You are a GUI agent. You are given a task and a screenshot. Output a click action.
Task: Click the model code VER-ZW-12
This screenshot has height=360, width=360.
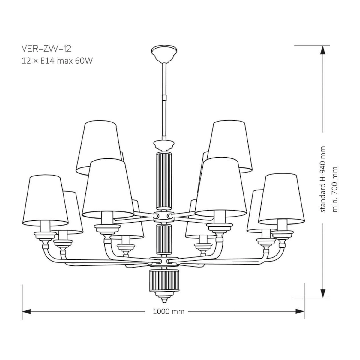(46, 49)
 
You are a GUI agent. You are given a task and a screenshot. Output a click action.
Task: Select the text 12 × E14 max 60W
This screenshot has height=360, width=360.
(57, 61)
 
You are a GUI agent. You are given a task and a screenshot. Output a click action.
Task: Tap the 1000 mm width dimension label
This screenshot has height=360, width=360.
(169, 312)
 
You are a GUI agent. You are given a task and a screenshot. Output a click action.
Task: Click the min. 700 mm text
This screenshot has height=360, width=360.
(335, 189)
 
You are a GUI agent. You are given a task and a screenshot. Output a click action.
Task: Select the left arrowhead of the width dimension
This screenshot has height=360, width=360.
(26, 312)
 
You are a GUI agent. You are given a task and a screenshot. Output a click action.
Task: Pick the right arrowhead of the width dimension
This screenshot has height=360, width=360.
(300, 312)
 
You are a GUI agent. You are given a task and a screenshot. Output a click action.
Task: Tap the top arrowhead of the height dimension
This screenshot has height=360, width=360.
(323, 50)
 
